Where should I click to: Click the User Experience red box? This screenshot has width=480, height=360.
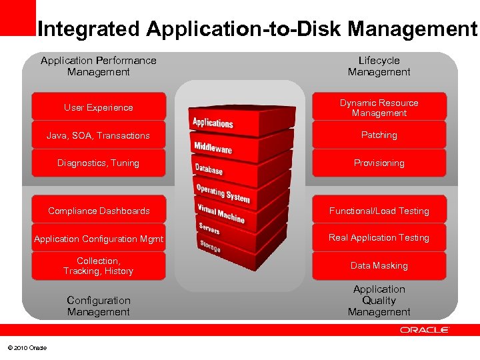(99, 107)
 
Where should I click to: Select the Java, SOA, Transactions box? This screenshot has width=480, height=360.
(99, 135)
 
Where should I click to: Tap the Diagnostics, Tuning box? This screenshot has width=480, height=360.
(99, 163)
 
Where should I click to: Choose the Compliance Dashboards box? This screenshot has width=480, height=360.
(99, 211)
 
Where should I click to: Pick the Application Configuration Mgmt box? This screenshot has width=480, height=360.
(99, 239)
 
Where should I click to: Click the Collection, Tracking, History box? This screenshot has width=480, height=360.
(99, 266)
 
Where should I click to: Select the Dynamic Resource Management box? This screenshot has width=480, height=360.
(379, 107)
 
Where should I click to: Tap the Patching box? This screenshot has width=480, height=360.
(379, 135)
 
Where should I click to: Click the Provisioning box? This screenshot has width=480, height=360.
(379, 163)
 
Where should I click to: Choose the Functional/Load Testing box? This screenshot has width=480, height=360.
(379, 211)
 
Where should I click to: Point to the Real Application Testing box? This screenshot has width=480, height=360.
(379, 238)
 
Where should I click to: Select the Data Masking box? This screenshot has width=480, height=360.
(379, 266)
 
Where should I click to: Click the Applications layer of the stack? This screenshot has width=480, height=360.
(213, 123)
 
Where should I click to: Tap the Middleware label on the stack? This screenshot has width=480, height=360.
(213, 148)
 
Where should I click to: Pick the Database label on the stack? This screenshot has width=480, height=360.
(209, 169)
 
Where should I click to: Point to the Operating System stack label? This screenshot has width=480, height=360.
(223, 193)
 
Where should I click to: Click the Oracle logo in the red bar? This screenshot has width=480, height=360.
(425, 330)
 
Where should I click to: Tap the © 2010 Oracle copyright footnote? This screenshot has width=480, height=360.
(27, 348)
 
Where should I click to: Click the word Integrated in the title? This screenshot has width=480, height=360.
(89, 29)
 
